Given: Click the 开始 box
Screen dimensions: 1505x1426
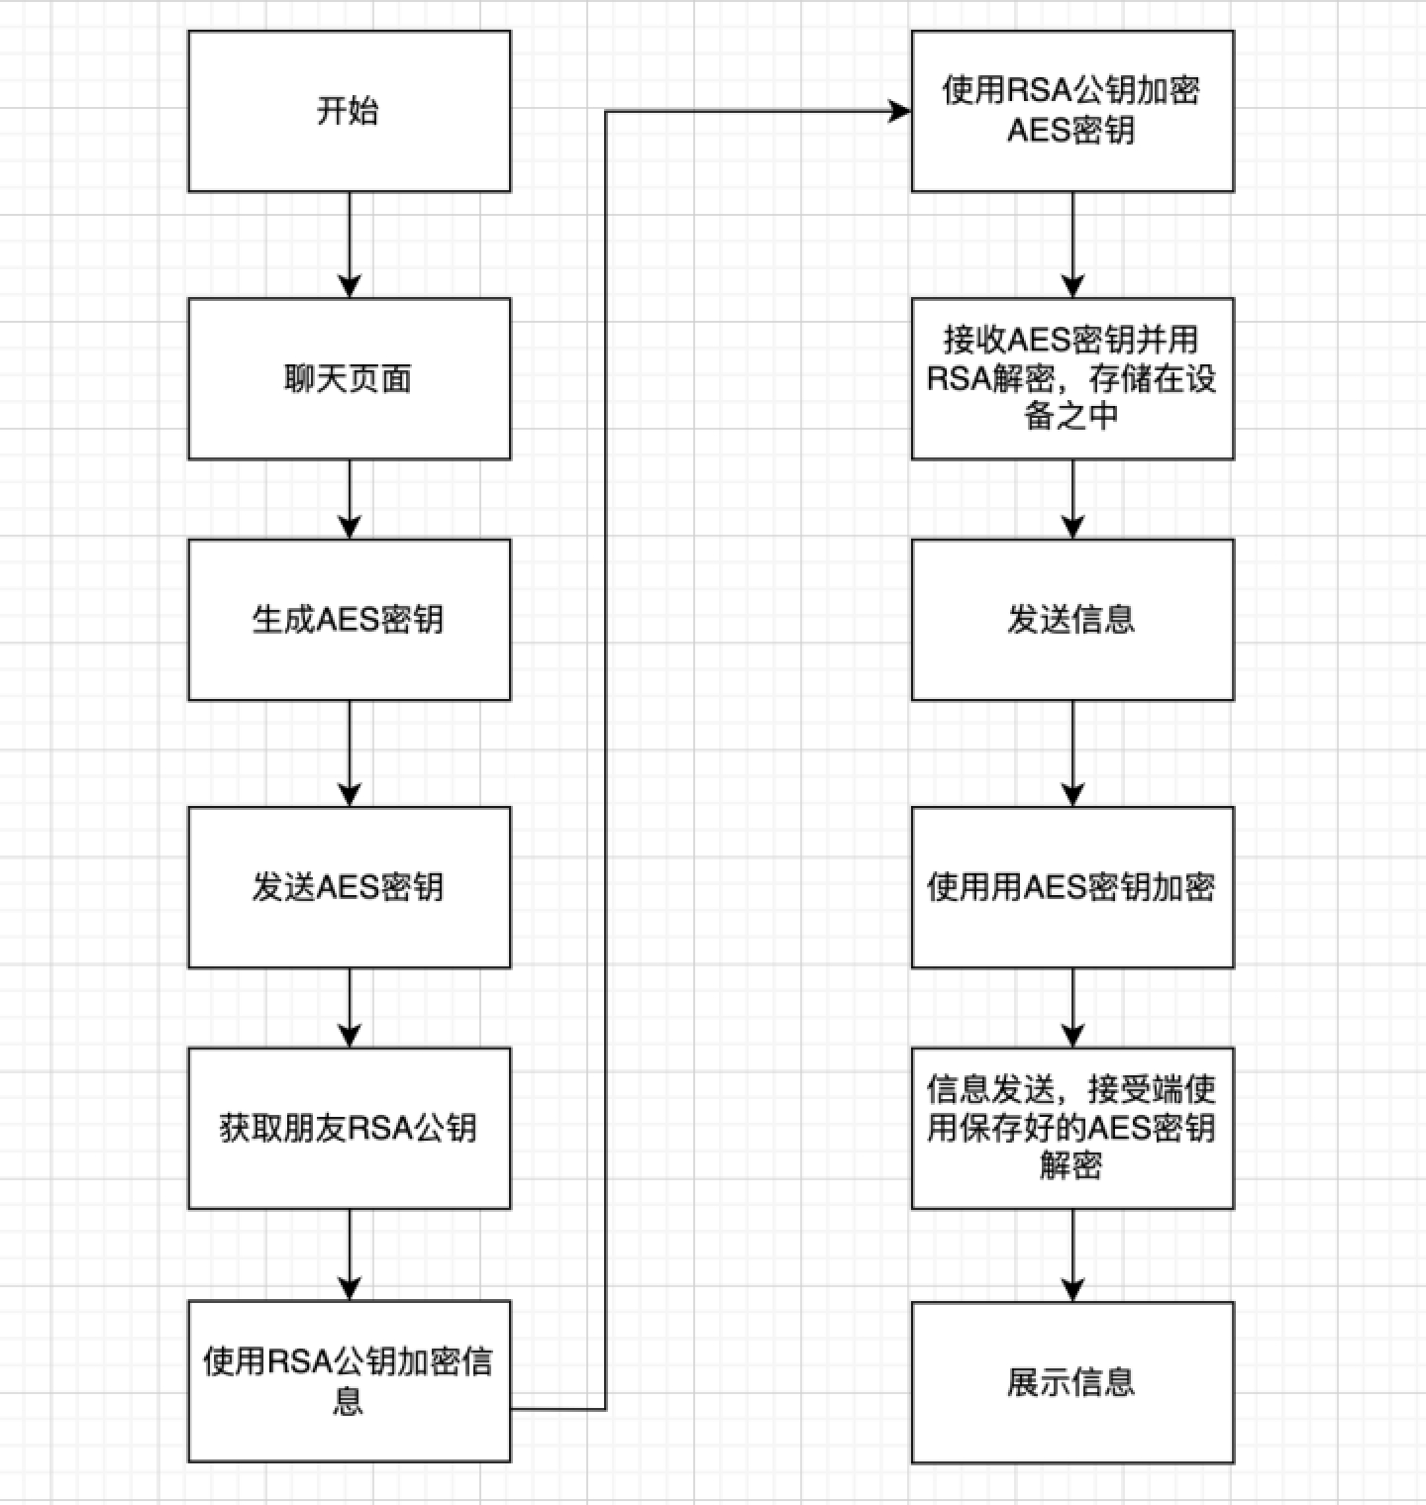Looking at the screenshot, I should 349,111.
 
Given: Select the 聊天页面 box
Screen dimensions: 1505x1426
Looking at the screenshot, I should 349,378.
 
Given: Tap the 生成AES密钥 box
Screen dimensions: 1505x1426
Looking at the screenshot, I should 349,620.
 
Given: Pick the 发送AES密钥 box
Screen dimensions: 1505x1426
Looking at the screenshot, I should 349,887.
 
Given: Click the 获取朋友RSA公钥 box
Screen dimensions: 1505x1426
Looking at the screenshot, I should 349,1128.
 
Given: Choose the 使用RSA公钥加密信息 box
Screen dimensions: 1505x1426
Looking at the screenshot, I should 349,1381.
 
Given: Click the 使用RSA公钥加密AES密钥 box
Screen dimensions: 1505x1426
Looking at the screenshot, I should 1072,111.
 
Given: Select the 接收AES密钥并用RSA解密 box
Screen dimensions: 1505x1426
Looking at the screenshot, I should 1072,378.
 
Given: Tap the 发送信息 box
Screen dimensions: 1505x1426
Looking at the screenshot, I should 1072,620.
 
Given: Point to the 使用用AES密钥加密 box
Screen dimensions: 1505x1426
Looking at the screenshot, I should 1072,887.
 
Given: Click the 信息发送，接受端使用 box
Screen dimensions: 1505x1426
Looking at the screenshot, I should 1072,1128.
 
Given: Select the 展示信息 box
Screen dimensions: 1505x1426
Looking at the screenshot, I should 1072,1381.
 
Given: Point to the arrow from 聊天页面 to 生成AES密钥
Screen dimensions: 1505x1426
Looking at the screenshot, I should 350,499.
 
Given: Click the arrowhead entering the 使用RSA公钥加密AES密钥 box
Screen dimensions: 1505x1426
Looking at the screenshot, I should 899,111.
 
